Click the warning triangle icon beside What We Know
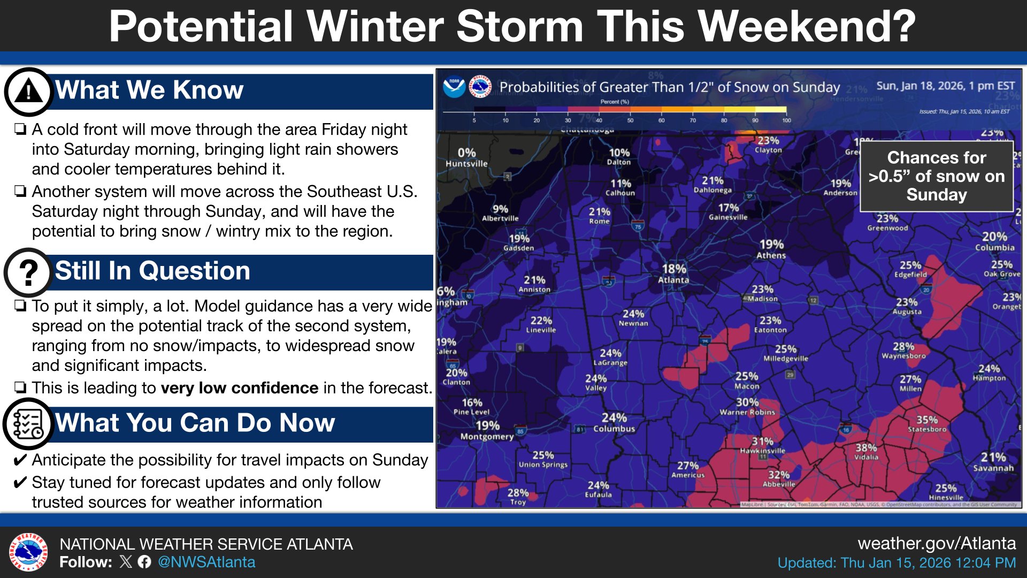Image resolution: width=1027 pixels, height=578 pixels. pos(28,92)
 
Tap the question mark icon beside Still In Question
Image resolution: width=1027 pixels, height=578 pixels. pos(28,272)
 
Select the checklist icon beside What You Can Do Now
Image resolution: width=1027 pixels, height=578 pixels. pos(28,424)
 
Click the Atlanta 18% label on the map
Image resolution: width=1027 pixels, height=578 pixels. pos(673,273)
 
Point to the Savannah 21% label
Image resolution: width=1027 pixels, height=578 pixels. pos(993,462)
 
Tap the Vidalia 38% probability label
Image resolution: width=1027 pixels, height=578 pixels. pos(866,452)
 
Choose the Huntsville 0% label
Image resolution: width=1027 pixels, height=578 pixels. pos(466,157)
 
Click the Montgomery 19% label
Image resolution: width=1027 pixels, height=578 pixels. pos(487,430)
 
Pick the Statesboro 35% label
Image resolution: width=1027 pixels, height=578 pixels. pos(927,424)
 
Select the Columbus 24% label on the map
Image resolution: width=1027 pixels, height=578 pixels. pos(614,422)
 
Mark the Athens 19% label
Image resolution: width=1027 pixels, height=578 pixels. pos(771,249)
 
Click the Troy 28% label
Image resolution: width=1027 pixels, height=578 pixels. pos(518,496)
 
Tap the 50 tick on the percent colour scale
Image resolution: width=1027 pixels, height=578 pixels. pos(630,120)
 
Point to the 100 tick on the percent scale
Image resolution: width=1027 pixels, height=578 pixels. pos(786,120)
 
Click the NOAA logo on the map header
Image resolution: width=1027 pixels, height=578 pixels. pos(454,87)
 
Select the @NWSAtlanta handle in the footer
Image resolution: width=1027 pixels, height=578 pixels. pos(206,562)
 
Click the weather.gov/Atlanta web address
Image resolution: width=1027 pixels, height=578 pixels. pos(937,543)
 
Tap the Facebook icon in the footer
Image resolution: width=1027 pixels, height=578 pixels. pos(144,562)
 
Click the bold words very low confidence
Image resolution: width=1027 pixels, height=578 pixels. pos(240,387)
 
